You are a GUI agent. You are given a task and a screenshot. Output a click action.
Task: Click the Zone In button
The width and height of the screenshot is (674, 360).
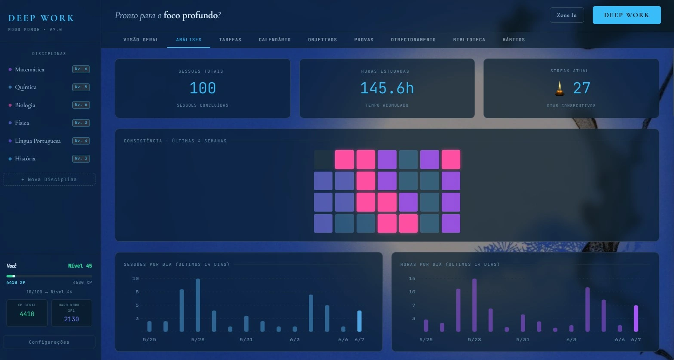(x=566, y=15)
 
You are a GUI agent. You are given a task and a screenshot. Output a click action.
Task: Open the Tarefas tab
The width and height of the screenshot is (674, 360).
(x=230, y=40)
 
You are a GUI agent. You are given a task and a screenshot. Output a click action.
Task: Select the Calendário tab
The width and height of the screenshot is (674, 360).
(x=275, y=40)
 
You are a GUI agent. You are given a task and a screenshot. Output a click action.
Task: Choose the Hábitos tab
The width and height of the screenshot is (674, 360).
(x=514, y=40)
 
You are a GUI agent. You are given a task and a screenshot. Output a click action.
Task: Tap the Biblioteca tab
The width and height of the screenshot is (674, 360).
(x=469, y=40)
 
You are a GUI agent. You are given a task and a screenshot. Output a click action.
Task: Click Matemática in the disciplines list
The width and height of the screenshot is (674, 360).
(x=30, y=70)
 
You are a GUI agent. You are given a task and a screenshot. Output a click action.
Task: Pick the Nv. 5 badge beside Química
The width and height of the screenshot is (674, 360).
(x=81, y=87)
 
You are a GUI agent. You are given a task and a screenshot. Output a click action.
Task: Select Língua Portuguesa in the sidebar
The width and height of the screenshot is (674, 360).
(x=38, y=141)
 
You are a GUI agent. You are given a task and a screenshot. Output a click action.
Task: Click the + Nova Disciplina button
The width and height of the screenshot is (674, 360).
(x=49, y=179)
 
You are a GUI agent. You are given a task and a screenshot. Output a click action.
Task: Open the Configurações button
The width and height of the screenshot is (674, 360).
(x=49, y=342)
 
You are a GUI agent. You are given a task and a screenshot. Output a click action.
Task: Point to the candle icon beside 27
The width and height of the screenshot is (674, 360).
(x=560, y=89)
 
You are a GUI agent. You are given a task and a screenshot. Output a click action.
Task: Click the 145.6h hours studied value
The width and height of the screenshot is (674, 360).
(x=387, y=88)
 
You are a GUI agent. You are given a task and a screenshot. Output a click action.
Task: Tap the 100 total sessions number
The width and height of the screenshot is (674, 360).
(x=203, y=88)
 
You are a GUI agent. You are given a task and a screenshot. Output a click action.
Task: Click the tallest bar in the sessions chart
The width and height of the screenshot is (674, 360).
(x=198, y=305)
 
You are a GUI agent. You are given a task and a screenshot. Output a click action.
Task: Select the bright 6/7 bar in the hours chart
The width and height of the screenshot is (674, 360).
(x=636, y=318)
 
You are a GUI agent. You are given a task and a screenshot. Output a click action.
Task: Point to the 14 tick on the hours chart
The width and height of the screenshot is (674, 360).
(x=412, y=279)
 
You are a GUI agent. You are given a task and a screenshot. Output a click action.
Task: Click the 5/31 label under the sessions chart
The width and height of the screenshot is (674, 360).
(x=246, y=339)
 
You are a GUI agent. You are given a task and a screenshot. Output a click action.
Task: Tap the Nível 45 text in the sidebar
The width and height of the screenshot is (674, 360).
(x=80, y=266)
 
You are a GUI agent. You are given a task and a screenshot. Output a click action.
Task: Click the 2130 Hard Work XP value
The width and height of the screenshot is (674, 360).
(x=71, y=319)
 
